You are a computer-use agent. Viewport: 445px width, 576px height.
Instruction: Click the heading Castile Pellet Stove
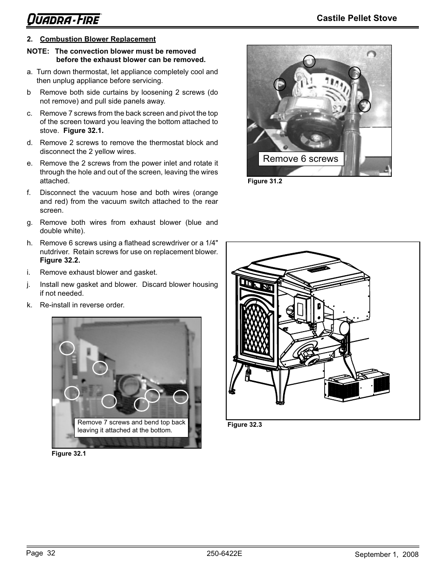(x=357, y=18)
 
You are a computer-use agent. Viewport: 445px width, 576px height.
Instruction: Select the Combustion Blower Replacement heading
(x=97, y=39)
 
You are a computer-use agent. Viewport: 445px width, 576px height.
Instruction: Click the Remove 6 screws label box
(x=301, y=159)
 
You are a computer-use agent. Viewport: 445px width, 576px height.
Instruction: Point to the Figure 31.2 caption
(x=264, y=181)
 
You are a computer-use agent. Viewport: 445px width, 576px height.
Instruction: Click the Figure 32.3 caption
(x=244, y=425)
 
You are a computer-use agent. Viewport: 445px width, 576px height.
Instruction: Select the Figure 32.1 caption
(x=69, y=454)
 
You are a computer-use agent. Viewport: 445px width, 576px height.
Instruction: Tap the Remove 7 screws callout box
(x=131, y=426)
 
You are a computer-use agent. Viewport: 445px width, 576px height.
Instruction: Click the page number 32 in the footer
(x=51, y=553)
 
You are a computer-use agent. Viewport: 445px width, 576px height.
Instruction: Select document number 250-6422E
(x=224, y=554)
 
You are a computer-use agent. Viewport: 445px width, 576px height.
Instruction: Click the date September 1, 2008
(x=386, y=555)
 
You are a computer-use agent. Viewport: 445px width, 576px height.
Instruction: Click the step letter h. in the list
(x=30, y=243)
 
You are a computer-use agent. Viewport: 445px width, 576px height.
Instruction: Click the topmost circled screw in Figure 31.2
(x=309, y=61)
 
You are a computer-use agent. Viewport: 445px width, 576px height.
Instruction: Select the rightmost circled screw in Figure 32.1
(x=181, y=397)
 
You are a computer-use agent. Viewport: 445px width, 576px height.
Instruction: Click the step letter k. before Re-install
(x=30, y=305)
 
